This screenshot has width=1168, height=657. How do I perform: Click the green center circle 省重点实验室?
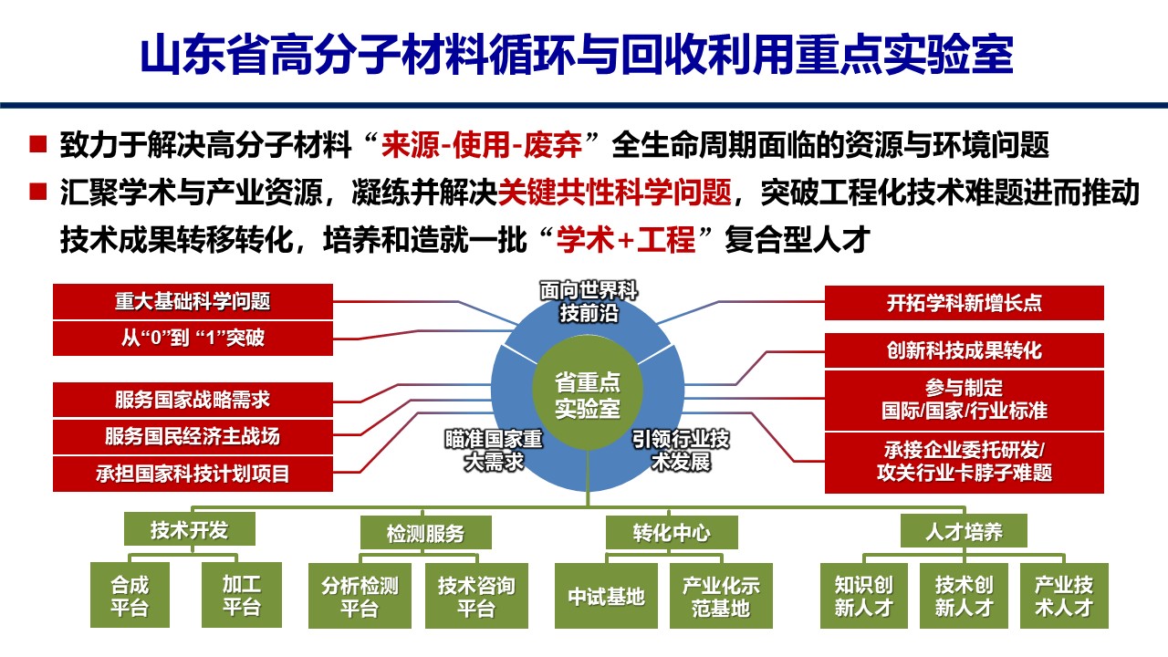click(588, 395)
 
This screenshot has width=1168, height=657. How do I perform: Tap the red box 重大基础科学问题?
click(193, 301)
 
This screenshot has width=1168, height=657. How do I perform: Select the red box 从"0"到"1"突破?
click(193, 339)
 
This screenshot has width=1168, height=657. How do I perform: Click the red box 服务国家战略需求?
click(193, 400)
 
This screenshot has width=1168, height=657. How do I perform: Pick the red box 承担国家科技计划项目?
click(193, 474)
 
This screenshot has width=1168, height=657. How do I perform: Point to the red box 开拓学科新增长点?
click(964, 303)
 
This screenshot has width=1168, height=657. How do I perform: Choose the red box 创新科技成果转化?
click(964, 350)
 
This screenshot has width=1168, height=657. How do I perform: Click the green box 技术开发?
click(189, 529)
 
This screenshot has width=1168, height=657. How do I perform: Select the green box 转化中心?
click(671, 532)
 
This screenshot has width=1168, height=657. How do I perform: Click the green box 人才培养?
click(964, 531)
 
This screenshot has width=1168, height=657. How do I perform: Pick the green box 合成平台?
click(130, 595)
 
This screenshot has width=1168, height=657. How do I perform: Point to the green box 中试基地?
click(606, 596)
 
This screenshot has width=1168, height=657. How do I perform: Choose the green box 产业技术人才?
click(1064, 596)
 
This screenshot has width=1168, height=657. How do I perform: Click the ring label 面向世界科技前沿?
click(589, 302)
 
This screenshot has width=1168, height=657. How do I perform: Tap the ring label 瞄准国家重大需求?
click(494, 450)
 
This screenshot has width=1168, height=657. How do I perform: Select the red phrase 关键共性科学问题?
click(615, 193)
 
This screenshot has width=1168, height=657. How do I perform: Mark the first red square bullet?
click(37, 143)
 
